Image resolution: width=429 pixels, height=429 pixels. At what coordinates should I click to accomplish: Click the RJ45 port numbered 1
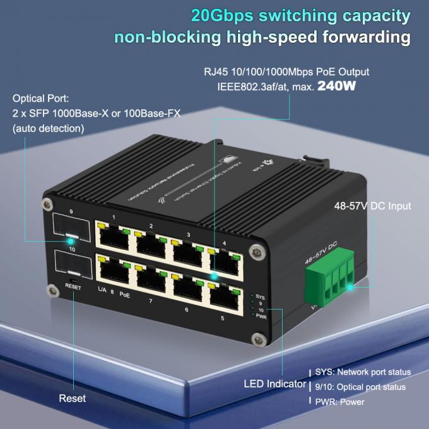[114, 236]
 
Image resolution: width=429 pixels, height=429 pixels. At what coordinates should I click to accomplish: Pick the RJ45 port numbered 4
[225, 261]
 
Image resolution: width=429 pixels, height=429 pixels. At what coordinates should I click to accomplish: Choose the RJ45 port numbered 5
[225, 295]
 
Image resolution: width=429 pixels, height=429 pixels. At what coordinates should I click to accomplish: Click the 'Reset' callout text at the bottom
[73, 399]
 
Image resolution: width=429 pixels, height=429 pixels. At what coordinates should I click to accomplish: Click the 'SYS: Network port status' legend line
[363, 372]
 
